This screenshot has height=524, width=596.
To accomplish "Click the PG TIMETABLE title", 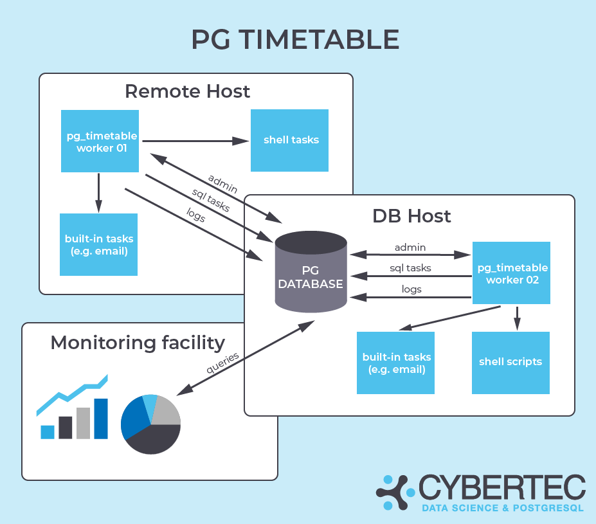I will (295, 40).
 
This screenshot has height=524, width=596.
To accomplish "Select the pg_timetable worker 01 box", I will (100, 141).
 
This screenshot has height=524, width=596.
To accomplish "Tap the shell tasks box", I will (289, 140).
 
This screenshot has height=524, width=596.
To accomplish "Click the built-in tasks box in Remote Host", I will (98, 244).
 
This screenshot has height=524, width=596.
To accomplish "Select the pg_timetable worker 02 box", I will (511, 273).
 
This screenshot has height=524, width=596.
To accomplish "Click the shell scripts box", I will (510, 362).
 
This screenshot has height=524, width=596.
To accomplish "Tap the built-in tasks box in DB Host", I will (395, 363).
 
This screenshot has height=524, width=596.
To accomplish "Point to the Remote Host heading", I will (187, 91).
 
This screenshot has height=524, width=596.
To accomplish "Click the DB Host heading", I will (411, 215).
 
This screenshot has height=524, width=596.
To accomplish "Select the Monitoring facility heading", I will (138, 343).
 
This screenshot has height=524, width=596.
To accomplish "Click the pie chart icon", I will (150, 424).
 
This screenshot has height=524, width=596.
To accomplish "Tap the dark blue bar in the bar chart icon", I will (101, 419).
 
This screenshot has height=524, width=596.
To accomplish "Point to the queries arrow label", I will (223, 363).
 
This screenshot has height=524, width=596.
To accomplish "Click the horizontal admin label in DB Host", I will (410, 247).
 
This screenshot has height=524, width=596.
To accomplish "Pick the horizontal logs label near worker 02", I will (411, 289).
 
